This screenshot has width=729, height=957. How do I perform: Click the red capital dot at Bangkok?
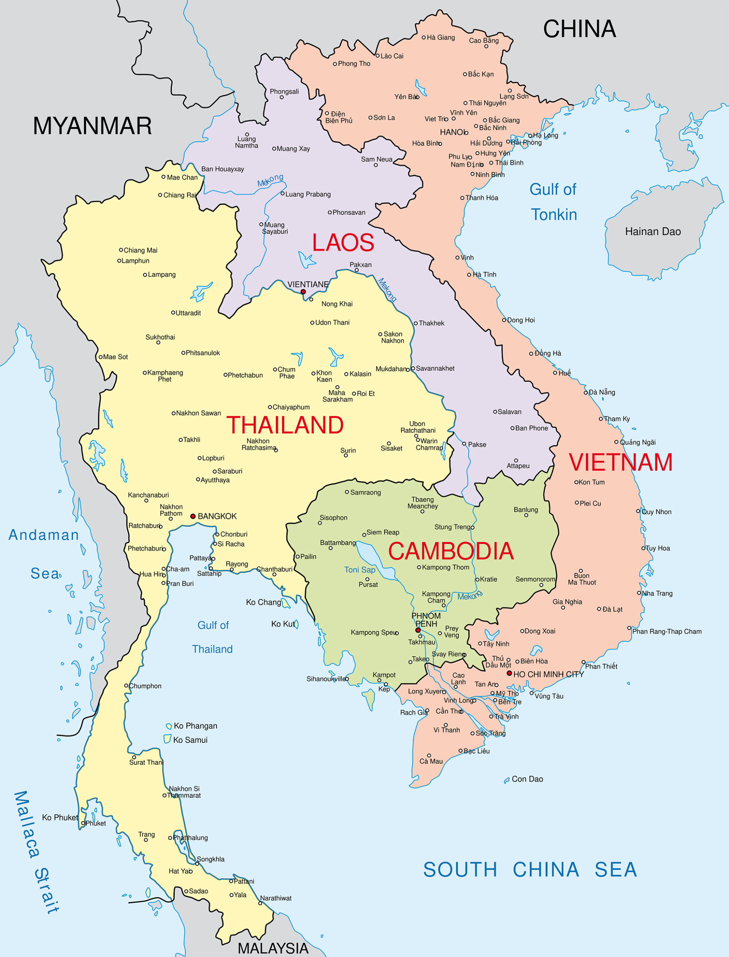(x=193, y=516)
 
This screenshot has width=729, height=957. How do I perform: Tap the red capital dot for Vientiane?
(x=303, y=292)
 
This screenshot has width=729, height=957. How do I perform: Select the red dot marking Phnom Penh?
(x=418, y=630)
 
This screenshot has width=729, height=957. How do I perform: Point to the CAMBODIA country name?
(x=450, y=551)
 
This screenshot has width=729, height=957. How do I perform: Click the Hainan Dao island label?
(x=653, y=231)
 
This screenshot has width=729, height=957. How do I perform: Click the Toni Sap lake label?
(x=360, y=569)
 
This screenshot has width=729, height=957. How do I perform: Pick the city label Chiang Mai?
(x=140, y=250)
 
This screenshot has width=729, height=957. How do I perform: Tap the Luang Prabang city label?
(x=308, y=194)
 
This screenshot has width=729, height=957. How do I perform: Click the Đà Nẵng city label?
(x=601, y=392)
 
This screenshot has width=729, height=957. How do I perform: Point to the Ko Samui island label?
(x=190, y=740)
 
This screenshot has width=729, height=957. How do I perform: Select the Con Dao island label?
(x=527, y=779)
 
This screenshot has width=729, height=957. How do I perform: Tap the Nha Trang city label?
(x=657, y=593)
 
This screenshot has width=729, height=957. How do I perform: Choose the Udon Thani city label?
(x=332, y=322)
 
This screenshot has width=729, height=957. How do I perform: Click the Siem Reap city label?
(x=382, y=532)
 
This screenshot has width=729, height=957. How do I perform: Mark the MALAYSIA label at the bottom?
(x=273, y=948)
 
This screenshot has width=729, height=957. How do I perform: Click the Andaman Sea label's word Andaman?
(x=44, y=535)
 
